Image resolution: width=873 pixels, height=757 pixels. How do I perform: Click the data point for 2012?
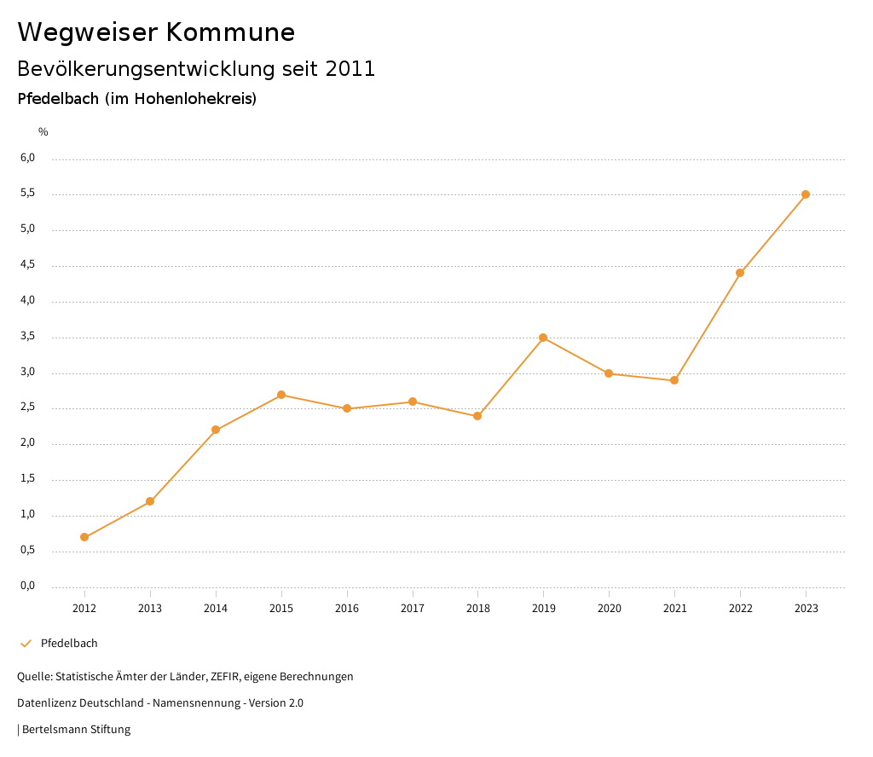pyautogui.click(x=84, y=537)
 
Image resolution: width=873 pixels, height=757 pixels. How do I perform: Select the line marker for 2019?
pyautogui.click(x=543, y=338)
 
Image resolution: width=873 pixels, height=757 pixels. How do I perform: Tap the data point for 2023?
pyautogui.click(x=806, y=194)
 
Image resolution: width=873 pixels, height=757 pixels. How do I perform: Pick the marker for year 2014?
pyautogui.click(x=216, y=430)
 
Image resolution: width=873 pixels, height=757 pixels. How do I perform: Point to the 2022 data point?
pyautogui.click(x=740, y=273)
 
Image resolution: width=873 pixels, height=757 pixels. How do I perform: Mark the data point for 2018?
pyautogui.click(x=477, y=416)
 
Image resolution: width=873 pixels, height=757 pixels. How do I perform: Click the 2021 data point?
pyautogui.click(x=674, y=380)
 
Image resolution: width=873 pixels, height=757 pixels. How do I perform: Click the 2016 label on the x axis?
pyautogui.click(x=347, y=608)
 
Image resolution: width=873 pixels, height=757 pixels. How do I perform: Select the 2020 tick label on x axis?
pyautogui.click(x=609, y=608)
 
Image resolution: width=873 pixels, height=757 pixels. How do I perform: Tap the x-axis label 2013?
pyautogui.click(x=150, y=608)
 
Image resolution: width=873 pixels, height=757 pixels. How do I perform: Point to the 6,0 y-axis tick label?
pyautogui.click(x=28, y=158)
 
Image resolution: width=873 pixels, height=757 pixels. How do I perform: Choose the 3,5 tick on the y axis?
pyautogui.click(x=28, y=336)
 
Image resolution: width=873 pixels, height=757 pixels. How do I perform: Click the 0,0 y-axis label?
pyautogui.click(x=28, y=586)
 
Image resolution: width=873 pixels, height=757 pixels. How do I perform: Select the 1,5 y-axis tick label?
pyautogui.click(x=28, y=478)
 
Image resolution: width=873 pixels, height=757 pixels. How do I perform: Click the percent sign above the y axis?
pyautogui.click(x=43, y=131)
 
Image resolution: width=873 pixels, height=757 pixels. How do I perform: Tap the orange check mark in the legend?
pyautogui.click(x=26, y=644)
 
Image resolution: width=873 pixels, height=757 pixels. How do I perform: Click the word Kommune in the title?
pyautogui.click(x=230, y=32)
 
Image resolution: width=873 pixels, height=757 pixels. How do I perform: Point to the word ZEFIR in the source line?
pyautogui.click(x=223, y=677)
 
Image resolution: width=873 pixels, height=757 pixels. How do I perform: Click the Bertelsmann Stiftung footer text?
pyautogui.click(x=76, y=730)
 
